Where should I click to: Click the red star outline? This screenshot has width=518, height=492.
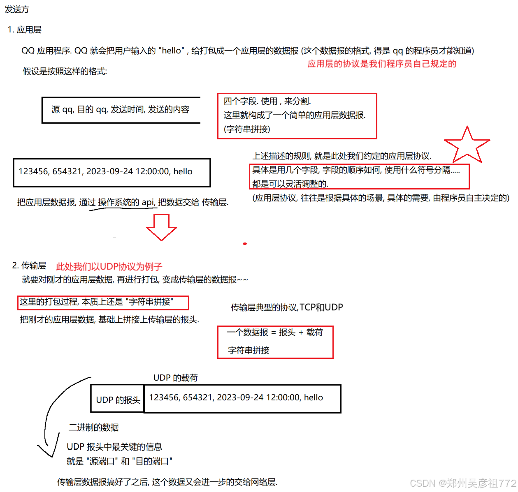[x=467, y=146]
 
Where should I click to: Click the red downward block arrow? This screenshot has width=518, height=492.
[x=162, y=226]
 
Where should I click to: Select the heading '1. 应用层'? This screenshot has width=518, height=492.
[x=25, y=30]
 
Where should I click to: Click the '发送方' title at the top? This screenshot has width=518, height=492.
[x=17, y=9]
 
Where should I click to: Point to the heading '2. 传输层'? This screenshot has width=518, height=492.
[x=29, y=266]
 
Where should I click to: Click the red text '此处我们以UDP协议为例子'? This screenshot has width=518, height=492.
[x=109, y=266]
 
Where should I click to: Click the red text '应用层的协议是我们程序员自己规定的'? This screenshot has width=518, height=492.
[x=382, y=64]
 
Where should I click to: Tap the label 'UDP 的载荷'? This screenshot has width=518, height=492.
[x=176, y=378]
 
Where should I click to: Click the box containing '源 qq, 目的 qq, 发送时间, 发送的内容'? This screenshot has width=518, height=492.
[x=121, y=110]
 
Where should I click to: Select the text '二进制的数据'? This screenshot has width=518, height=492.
[x=94, y=427]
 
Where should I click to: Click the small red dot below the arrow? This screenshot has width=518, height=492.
[x=245, y=244]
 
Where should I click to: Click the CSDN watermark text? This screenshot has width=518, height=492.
[x=462, y=482]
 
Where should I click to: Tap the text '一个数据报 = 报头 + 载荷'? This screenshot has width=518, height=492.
[x=275, y=333]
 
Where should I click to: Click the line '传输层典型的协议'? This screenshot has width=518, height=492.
[x=265, y=307]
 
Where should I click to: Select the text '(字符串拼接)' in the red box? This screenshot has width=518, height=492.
[x=247, y=129]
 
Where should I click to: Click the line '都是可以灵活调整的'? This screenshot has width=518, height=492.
[x=290, y=183]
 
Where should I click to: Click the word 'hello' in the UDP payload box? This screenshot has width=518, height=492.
[x=314, y=397]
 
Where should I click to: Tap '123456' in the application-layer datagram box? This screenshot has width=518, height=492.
[x=33, y=171]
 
